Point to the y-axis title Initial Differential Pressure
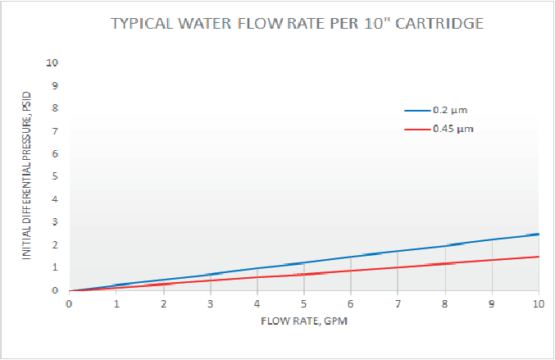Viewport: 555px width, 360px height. (x=27, y=175)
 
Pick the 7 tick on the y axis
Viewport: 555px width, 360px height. (x=55, y=130)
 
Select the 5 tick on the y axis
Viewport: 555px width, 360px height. (x=55, y=176)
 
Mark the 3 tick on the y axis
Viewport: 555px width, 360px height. (x=55, y=222)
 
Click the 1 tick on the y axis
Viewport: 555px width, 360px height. (x=55, y=267)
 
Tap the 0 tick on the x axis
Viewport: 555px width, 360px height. (x=69, y=303)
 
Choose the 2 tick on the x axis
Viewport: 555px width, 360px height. (x=163, y=303)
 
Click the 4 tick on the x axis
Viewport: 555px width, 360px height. (x=257, y=303)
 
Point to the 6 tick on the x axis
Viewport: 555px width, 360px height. (x=351, y=303)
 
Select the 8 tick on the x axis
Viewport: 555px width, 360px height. (x=445, y=303)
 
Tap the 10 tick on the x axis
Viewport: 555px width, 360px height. (x=538, y=303)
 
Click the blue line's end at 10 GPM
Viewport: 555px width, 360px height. (x=538, y=234)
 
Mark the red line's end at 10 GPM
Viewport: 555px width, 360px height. (x=538, y=257)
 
